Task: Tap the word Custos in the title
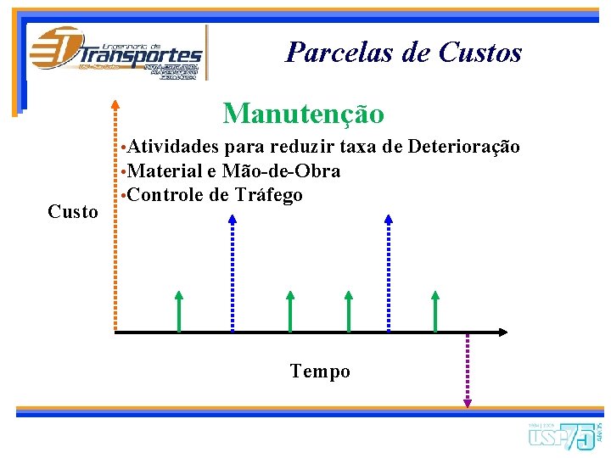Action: (480, 53)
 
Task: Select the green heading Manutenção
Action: (303, 113)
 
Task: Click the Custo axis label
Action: (73, 212)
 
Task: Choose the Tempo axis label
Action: (319, 371)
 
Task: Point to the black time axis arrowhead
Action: (502, 331)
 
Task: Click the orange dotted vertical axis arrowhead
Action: (115, 107)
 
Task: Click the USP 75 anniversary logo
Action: (564, 435)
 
